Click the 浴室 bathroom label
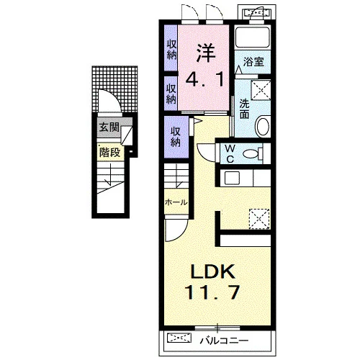(253, 62)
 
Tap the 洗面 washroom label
(244, 109)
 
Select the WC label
(230, 153)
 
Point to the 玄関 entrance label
(109, 127)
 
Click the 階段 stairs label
(110, 152)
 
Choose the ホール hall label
(176, 202)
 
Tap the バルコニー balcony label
(224, 341)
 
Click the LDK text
(212, 272)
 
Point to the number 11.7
(212, 292)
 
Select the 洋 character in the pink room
(206, 53)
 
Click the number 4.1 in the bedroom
(204, 79)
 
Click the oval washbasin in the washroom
(264, 126)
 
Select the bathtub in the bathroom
(253, 37)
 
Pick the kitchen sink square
(232, 178)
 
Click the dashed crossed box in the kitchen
(259, 219)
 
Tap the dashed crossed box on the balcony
(179, 338)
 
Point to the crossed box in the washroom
(261, 90)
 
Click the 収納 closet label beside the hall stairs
(176, 137)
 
